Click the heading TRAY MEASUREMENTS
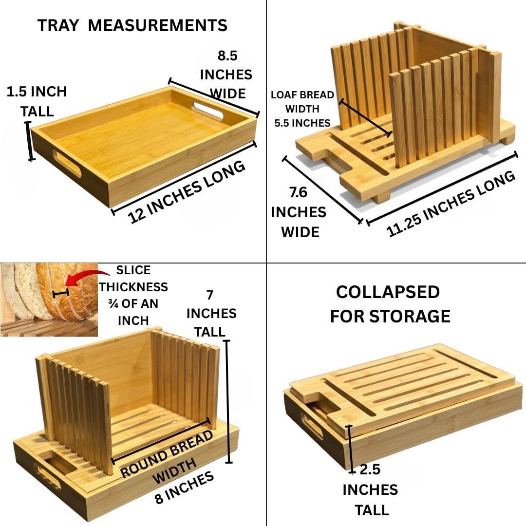[x=132, y=25]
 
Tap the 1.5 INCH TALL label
[x=37, y=101]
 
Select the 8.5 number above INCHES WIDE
[x=227, y=56]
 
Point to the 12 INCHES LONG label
[x=187, y=192]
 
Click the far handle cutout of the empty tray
[x=207, y=111]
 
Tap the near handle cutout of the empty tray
[x=67, y=163]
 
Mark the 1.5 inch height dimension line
[x=30, y=141]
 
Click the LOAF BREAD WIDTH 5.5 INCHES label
[x=302, y=109]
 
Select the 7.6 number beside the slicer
[x=298, y=192]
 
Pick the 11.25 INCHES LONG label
[x=451, y=204]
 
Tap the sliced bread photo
[x=49, y=300]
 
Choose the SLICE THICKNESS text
[x=133, y=279]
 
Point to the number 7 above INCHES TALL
[x=210, y=295]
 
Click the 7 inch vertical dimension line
[x=228, y=401]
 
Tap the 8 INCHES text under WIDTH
[x=184, y=488]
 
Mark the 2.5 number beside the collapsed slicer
[x=370, y=470]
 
